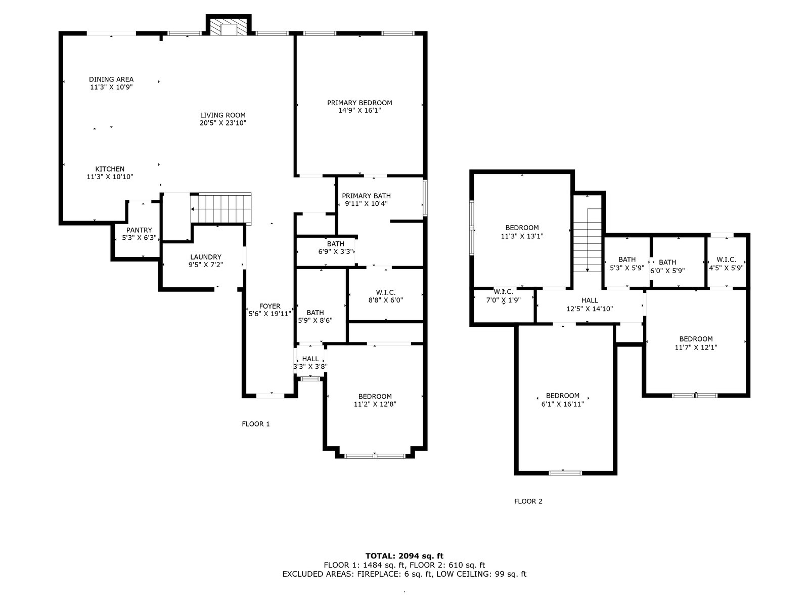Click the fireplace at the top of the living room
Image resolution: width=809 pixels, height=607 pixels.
[x=229, y=25]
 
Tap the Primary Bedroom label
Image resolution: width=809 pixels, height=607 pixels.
[x=359, y=103]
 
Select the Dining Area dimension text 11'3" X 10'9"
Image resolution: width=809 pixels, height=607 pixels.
[x=111, y=88]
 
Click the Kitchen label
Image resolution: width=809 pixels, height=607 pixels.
[x=110, y=169]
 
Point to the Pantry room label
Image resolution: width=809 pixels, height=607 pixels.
[x=139, y=230]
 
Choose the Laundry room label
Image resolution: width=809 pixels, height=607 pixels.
[x=206, y=257]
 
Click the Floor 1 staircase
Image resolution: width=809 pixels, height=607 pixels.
[x=221, y=208]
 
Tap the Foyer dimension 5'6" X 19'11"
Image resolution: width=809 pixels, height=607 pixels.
[x=270, y=314]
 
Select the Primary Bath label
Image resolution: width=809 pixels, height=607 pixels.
[x=366, y=196]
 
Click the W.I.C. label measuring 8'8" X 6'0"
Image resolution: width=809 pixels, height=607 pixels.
[x=385, y=292]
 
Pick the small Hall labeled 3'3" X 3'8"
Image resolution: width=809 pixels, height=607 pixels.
[x=310, y=362]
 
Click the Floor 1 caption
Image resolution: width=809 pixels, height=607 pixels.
[x=256, y=424]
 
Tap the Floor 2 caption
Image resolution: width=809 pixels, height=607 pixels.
[x=528, y=501]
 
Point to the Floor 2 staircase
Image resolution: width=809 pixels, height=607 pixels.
[x=587, y=240]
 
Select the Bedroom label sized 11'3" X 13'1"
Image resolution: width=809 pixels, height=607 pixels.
[x=522, y=228]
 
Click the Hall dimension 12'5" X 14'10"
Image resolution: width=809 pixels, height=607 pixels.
[x=590, y=309]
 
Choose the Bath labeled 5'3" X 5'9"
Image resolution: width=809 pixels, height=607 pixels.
[x=627, y=264]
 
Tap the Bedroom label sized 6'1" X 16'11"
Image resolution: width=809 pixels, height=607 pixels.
[x=563, y=396]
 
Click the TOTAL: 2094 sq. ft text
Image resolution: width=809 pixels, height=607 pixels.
[x=404, y=556]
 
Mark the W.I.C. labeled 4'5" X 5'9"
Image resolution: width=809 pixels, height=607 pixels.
[x=726, y=264]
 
